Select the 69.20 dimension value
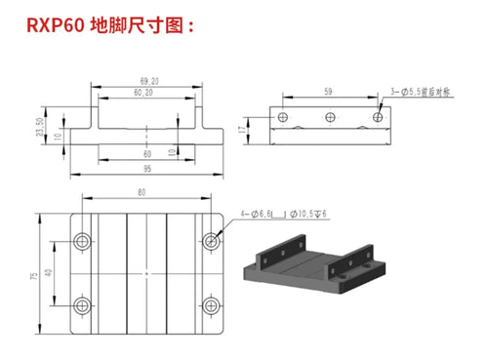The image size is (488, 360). pos(150,81)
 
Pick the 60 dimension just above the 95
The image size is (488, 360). pos(147,153)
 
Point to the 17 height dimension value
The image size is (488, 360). pos(243,126)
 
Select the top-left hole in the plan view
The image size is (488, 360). pos(80,239)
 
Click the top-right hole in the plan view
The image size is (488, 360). pos(209,239)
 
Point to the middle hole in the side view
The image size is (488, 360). pos(331,116)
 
